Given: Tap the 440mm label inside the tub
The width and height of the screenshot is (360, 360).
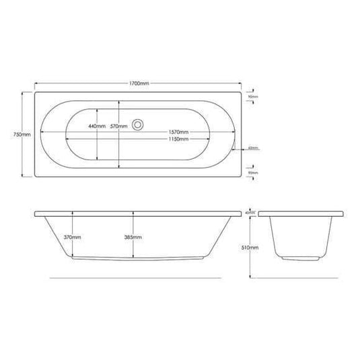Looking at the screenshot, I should pyautogui.click(x=96, y=127).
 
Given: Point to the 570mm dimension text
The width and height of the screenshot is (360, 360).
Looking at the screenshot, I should pyautogui.click(x=119, y=127).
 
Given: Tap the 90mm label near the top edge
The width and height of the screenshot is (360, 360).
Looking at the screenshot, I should pyautogui.click(x=254, y=97).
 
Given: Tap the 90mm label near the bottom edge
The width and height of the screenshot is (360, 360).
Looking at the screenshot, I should pyautogui.click(x=254, y=173).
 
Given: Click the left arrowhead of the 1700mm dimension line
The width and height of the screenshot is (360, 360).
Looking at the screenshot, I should pyautogui.click(x=35, y=83).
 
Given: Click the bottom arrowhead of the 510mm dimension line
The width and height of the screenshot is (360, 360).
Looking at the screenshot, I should pyautogui.click(x=251, y=276).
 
